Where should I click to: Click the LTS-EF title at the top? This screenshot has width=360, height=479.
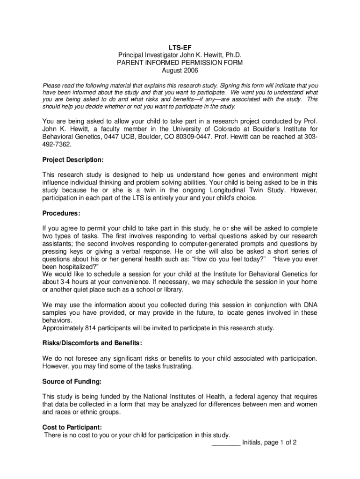pos(180,47)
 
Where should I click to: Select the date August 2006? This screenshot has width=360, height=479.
pos(180,71)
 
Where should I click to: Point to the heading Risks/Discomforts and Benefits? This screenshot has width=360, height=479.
pos(92,343)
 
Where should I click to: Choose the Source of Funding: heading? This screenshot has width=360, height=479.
pos(72,382)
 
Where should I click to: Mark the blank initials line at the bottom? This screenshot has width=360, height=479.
pos(226,443)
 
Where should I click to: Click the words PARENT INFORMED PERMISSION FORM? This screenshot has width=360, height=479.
pos(180,63)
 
